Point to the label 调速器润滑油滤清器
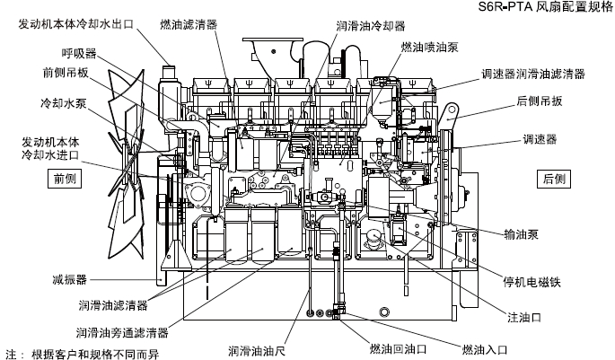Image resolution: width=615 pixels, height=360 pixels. [533, 73]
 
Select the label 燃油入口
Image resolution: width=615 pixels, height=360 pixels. [485, 348]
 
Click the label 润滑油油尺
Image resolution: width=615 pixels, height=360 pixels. [258, 349]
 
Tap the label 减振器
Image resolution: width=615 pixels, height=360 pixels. [69, 280]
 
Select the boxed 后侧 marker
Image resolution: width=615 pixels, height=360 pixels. [555, 179]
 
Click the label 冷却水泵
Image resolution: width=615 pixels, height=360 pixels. [63, 103]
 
